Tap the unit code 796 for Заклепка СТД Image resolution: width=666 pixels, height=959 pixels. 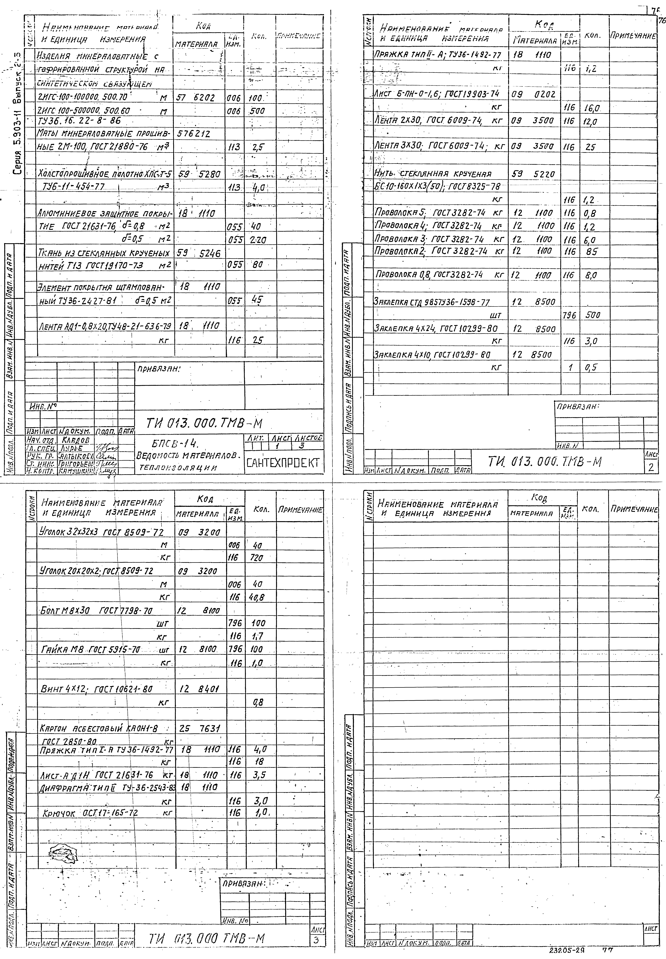(x=569, y=316)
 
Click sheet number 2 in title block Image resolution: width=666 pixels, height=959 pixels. (x=651, y=468)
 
